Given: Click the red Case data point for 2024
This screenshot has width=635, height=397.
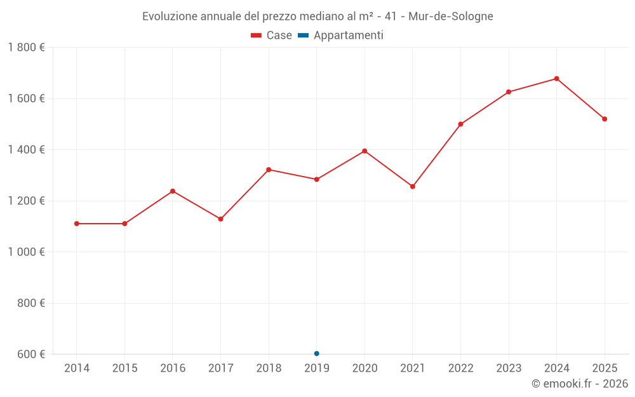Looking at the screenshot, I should pyautogui.click(x=557, y=79).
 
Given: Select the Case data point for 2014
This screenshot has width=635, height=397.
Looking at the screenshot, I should pyautogui.click(x=77, y=224).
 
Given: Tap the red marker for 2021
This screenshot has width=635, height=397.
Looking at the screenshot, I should pyautogui.click(x=413, y=187).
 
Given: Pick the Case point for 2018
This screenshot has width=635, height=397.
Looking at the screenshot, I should pyautogui.click(x=269, y=170).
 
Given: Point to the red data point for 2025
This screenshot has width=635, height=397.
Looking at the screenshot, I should pyautogui.click(x=605, y=119).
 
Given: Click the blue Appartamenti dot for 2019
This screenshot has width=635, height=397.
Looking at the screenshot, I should pyautogui.click(x=317, y=354).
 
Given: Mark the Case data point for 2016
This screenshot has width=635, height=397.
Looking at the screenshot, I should pyautogui.click(x=173, y=191).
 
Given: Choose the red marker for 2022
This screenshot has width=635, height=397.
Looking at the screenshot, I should pyautogui.click(x=461, y=124).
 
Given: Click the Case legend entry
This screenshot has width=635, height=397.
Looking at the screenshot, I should pyautogui.click(x=272, y=36).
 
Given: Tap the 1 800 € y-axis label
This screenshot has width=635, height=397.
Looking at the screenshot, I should pyautogui.click(x=27, y=48).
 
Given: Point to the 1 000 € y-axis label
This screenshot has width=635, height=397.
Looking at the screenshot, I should pyautogui.click(x=27, y=252).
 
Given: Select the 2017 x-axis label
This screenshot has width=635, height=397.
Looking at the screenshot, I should pyautogui.click(x=220, y=368).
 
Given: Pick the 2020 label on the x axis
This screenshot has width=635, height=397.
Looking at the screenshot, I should pyautogui.click(x=364, y=368).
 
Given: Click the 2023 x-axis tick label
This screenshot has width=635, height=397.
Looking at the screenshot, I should pyautogui.click(x=509, y=368).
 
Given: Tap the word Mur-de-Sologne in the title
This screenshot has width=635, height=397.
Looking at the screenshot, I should pyautogui.click(x=451, y=17).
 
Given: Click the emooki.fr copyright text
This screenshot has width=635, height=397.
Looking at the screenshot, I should pyautogui.click(x=580, y=384).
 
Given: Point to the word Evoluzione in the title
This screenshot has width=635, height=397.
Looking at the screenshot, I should pyautogui.click(x=170, y=17).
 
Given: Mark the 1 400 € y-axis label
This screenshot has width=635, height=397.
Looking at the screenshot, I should pyautogui.click(x=27, y=150).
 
